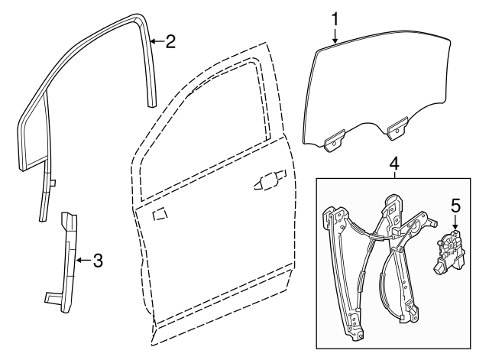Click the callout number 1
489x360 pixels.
coord(334,16)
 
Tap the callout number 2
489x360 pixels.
coord(170,41)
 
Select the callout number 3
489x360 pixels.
coord(98,261)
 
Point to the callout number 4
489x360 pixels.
coord(394,164)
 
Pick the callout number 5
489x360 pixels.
coord(455,206)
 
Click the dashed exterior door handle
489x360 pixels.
coord(267,183)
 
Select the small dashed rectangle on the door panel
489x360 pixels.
coord(162,216)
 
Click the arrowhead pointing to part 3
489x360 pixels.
coord(79,261)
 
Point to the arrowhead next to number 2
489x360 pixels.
coord(151,41)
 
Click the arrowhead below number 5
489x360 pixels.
coord(455,227)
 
